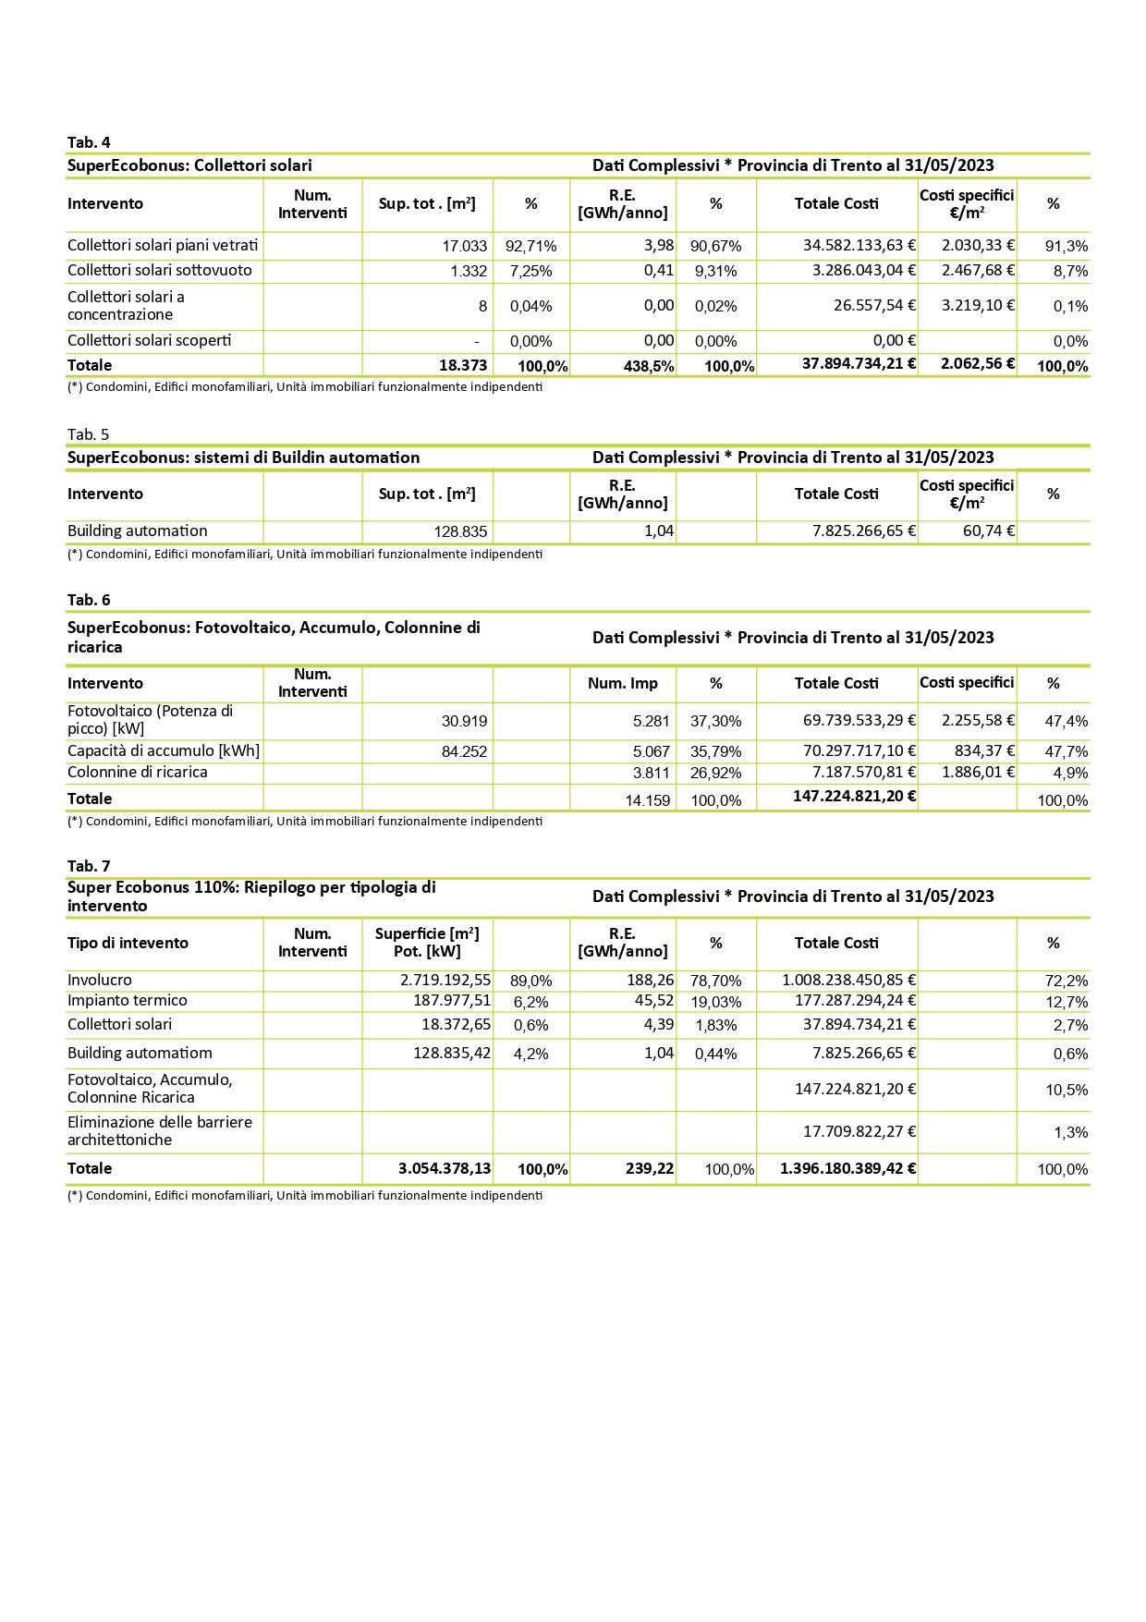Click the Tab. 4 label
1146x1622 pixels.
coord(89,142)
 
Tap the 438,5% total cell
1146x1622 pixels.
coord(649,366)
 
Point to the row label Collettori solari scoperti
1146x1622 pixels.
coord(150,341)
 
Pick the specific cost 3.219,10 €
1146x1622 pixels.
coord(978,306)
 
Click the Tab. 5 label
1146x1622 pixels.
coord(89,434)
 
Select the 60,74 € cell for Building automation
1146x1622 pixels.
coord(989,531)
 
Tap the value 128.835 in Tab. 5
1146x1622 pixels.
coord(460,532)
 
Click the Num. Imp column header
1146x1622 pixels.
coord(623,684)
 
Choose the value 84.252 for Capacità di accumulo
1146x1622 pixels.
coord(464,752)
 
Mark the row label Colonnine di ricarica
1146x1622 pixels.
coord(138,773)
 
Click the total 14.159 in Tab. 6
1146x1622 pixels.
coord(647,800)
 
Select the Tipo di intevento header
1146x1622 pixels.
coord(128,944)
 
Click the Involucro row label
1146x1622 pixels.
coord(100,981)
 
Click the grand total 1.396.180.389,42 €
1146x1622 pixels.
coord(848,1169)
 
